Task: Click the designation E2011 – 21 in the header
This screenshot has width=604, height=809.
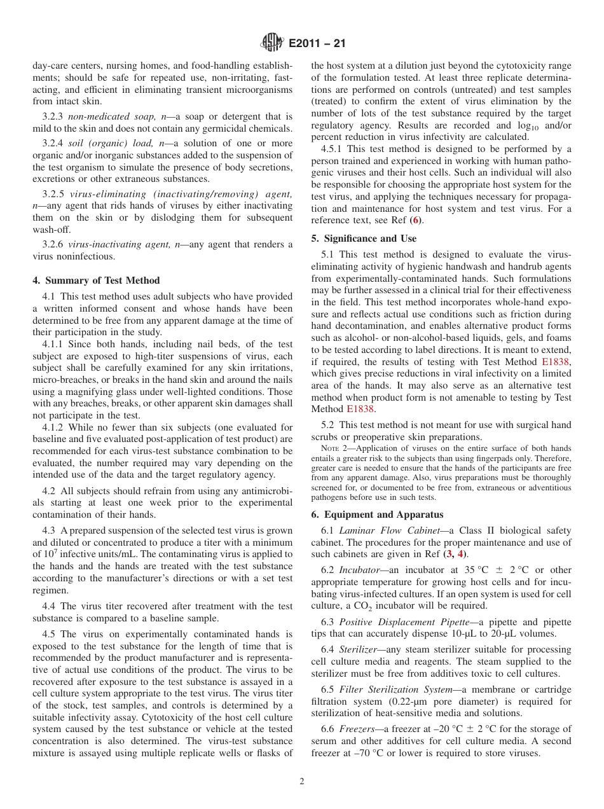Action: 317,44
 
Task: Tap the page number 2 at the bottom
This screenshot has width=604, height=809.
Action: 302,782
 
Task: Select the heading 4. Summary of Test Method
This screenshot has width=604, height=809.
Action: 96,280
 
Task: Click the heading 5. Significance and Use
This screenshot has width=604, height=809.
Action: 364,239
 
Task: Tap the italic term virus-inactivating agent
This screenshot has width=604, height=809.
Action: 114,244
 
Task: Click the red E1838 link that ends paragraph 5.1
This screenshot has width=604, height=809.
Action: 360,410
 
